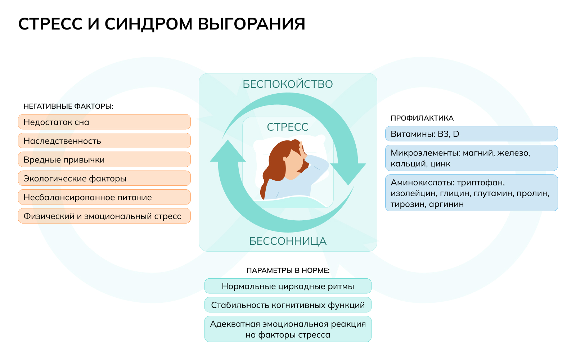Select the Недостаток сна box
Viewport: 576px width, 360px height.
(104, 122)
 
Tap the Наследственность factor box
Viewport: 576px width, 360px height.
(104, 141)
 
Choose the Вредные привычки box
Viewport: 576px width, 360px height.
(104, 159)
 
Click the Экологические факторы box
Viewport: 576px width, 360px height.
(104, 178)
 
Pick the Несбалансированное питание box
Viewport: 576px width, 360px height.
(104, 197)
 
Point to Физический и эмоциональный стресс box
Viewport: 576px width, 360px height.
(104, 216)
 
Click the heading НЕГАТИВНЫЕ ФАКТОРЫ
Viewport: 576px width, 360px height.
(68, 106)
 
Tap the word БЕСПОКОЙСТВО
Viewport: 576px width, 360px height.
(288, 84)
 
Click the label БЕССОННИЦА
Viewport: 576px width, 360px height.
(288, 241)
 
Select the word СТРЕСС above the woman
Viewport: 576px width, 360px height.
(288, 127)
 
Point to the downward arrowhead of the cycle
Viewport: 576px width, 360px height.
(348, 173)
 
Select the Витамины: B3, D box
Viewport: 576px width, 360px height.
(471, 134)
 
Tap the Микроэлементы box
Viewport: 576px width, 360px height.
(471, 158)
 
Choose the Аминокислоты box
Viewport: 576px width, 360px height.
(471, 193)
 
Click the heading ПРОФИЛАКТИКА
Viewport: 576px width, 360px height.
(422, 118)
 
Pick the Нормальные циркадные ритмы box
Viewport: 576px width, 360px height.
(288, 286)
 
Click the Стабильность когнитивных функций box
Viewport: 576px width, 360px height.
(288, 305)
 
